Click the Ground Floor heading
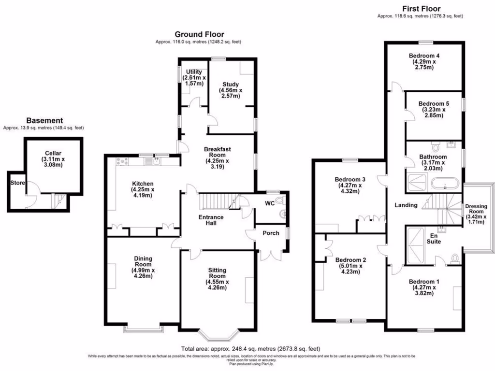click(199, 34)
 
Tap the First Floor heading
click(421, 8)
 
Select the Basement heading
click(44, 120)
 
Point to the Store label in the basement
click(17, 183)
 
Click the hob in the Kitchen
click(122, 160)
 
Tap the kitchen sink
click(158, 160)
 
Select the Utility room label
click(193, 72)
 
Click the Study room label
click(231, 85)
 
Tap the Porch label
click(271, 233)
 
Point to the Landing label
click(406, 205)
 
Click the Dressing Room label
click(476, 209)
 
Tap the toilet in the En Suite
click(454, 258)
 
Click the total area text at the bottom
click(250, 349)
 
